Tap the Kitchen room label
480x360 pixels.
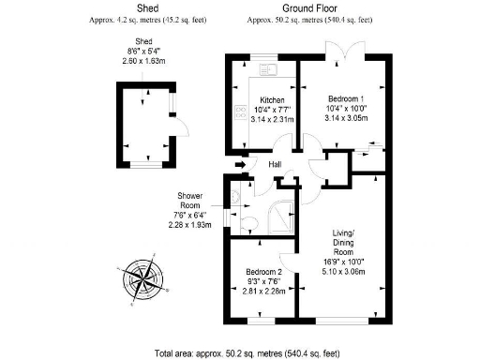(273, 99)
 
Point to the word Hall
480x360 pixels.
(276, 166)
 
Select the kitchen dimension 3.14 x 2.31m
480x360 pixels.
(272, 120)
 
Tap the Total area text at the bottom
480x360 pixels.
(240, 352)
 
